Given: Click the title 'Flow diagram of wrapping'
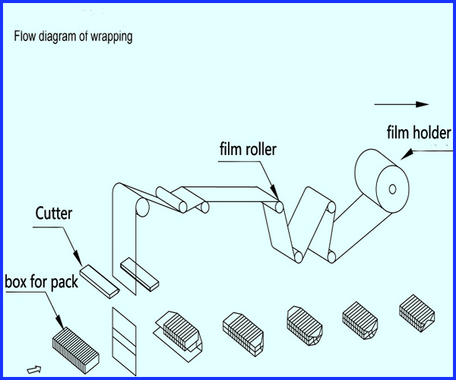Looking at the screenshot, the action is [73, 37].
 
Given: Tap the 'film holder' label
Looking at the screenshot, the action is [419, 132].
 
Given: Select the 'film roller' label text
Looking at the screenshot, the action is [248, 149].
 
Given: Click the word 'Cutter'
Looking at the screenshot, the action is [54, 213].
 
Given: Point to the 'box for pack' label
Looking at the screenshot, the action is [42, 282].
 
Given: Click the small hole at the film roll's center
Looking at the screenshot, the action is [392, 189].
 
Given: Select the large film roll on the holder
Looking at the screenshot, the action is [382, 181].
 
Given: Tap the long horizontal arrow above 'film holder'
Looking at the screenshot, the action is [401, 104].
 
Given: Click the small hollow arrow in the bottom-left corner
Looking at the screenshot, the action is [34, 369].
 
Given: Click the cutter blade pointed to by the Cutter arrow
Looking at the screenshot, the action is [100, 281].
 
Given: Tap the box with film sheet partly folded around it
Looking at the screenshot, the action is [178, 335].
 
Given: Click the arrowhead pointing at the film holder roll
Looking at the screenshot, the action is [407, 154].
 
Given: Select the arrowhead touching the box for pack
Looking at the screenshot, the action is [59, 322].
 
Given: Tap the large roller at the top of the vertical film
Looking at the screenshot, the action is [142, 207].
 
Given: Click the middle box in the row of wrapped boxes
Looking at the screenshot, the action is [305, 325].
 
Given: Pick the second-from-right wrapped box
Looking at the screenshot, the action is [360, 321].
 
